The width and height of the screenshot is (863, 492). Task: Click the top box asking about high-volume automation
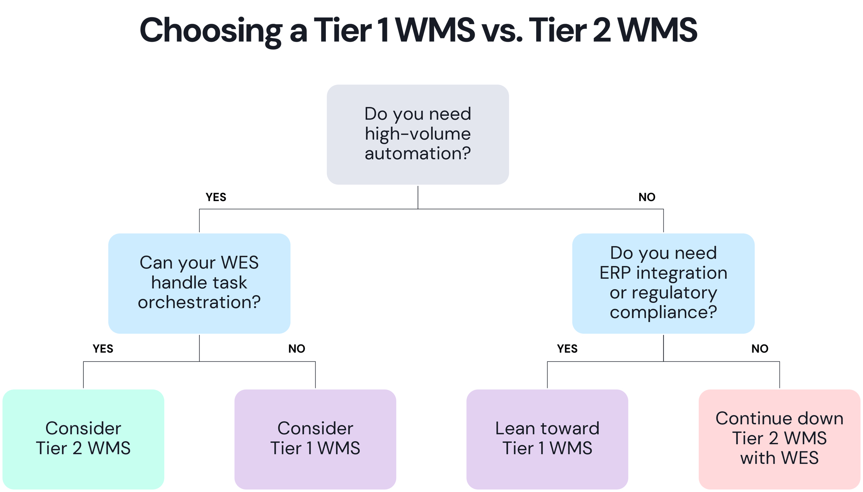pyautogui.click(x=417, y=134)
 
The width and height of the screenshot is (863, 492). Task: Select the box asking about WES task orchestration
pyautogui.click(x=199, y=283)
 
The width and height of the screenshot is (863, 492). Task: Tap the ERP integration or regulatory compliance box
pyautogui.click(x=663, y=283)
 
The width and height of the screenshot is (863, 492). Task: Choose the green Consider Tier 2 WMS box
pyautogui.click(x=83, y=438)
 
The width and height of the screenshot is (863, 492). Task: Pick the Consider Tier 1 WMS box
pyautogui.click(x=315, y=438)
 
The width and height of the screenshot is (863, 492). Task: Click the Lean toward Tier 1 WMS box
pyautogui.click(x=547, y=438)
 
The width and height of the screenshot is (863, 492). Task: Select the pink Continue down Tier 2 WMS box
pyautogui.click(x=779, y=438)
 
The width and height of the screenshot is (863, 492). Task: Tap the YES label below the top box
pyautogui.click(x=216, y=197)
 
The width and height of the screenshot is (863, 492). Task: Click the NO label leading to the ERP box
pyautogui.click(x=647, y=197)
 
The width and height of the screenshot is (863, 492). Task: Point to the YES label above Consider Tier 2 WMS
pyautogui.click(x=103, y=348)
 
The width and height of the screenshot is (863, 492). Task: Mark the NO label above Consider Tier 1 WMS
pyautogui.click(x=297, y=348)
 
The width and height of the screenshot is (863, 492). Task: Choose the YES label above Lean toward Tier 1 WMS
pyautogui.click(x=567, y=348)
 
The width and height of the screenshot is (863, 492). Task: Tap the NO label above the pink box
pyautogui.click(x=760, y=348)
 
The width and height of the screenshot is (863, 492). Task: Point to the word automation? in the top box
pyautogui.click(x=417, y=154)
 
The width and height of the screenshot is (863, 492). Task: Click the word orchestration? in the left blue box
pyautogui.click(x=199, y=302)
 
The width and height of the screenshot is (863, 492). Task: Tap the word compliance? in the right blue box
pyautogui.click(x=663, y=312)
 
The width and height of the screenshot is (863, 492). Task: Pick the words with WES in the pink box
pyautogui.click(x=779, y=458)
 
